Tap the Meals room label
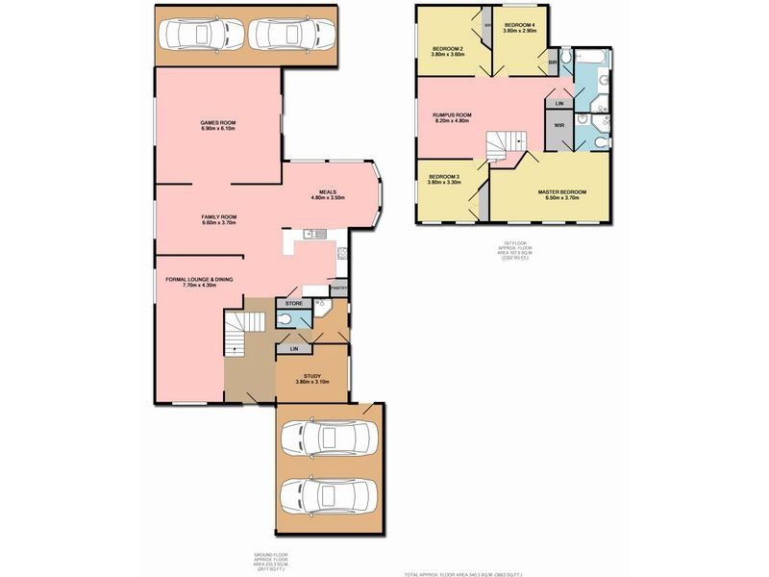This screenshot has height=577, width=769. coord(328,194)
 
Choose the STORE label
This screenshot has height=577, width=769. coord(294,304)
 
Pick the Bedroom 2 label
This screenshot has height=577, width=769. coord(448,51)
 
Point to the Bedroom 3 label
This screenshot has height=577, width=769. coord(444,179)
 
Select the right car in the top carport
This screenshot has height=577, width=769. coord(285,35)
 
